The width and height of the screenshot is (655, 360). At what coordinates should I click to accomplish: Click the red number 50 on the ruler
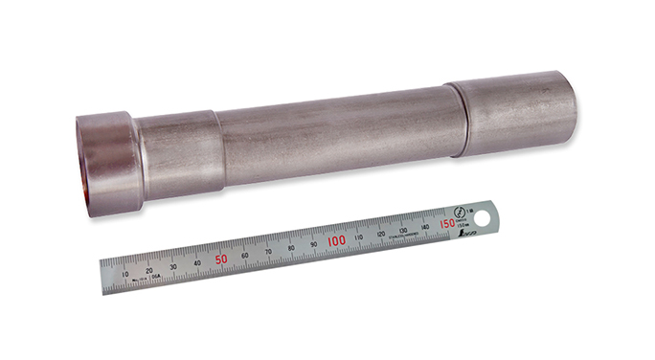(221, 259)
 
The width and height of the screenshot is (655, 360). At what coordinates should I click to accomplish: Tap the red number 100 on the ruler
(335, 240)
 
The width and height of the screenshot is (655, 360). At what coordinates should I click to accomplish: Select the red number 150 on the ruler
(446, 223)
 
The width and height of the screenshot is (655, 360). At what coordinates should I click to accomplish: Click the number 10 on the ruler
(126, 274)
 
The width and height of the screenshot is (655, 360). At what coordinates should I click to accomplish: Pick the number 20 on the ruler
(150, 270)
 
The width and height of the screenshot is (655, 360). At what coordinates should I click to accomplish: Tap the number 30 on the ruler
(173, 266)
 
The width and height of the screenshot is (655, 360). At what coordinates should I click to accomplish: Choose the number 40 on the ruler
(197, 262)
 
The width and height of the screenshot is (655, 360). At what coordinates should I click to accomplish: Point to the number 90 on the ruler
(313, 244)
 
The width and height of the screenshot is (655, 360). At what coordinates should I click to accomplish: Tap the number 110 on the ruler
(358, 236)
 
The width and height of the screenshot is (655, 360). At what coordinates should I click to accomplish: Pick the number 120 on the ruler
(380, 233)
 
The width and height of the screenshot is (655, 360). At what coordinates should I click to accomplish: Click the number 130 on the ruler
(402, 230)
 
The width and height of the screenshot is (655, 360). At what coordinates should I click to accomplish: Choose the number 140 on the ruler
(424, 226)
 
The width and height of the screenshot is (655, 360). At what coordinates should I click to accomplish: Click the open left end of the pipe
(84, 165)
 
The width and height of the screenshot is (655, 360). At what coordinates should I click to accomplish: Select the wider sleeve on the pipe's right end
(516, 114)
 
